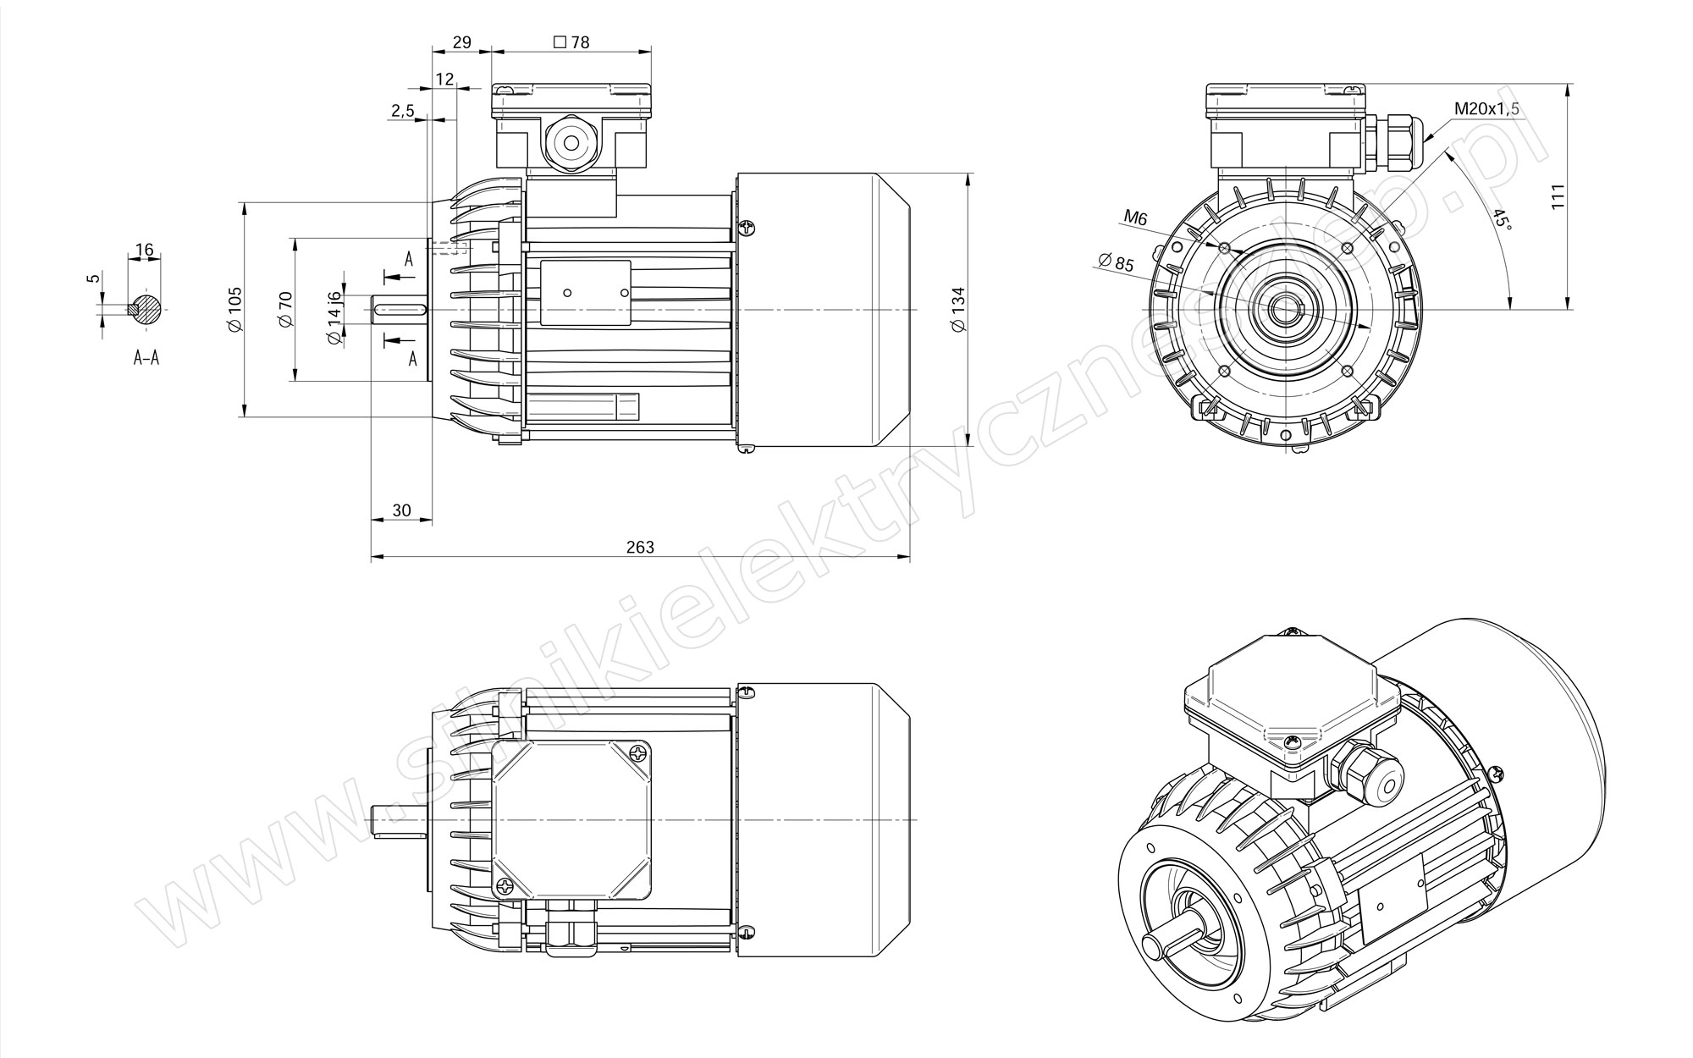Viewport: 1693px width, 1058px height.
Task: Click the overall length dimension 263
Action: point(640,547)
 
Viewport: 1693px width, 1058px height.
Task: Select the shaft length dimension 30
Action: point(401,510)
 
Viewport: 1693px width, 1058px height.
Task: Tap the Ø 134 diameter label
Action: point(958,310)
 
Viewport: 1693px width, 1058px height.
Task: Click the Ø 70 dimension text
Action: point(284,310)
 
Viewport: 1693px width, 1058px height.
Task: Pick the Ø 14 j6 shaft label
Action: point(334,317)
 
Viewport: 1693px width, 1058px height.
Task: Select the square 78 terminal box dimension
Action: point(571,41)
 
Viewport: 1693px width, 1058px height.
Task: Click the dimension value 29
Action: point(461,41)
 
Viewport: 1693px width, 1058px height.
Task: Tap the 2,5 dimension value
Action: point(403,111)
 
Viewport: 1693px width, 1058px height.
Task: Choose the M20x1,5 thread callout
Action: point(1487,108)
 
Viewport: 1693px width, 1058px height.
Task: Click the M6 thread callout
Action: point(1135,219)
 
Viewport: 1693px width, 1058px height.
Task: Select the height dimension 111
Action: point(1558,196)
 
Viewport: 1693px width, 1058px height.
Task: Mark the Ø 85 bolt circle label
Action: point(1115,262)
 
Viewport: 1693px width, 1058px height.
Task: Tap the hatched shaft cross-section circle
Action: point(146,309)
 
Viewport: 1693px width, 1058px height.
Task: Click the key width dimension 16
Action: point(144,250)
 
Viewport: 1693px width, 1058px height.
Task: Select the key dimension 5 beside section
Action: point(94,278)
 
